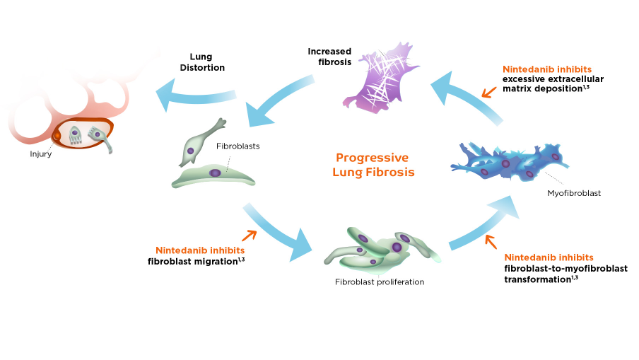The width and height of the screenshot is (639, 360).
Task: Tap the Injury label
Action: (x=40, y=154)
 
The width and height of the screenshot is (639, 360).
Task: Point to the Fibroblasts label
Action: (x=238, y=146)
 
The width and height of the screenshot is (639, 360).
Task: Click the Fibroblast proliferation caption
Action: (x=380, y=281)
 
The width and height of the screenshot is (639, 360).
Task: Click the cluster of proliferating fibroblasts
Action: (x=382, y=250)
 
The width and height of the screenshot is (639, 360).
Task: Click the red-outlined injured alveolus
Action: (x=83, y=134)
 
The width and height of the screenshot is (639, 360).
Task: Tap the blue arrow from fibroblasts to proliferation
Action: (x=279, y=230)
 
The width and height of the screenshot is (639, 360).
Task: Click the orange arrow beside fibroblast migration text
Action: (x=249, y=236)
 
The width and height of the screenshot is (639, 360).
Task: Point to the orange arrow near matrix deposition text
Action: (x=488, y=91)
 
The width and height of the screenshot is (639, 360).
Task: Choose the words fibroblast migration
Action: (x=192, y=261)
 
